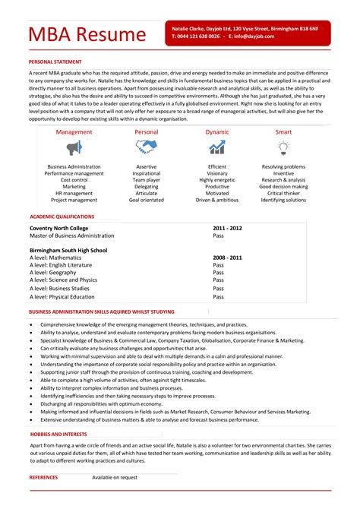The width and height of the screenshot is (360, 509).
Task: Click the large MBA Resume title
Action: tap(87, 35)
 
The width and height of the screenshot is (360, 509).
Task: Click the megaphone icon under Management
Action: tap(74, 147)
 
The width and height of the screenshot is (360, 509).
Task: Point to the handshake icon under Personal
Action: tap(147, 147)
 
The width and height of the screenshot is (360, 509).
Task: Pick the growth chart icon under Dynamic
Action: tap(216, 147)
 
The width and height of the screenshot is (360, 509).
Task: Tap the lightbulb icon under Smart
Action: tap(283, 147)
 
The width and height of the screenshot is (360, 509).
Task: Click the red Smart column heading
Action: tap(283, 131)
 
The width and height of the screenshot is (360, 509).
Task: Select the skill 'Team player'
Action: tap(147, 179)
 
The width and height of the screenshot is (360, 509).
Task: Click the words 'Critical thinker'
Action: tap(283, 193)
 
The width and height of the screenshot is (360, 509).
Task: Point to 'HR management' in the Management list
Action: tap(74, 193)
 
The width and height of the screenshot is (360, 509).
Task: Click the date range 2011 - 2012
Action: tap(227, 228)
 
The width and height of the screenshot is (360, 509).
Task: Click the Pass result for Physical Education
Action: tap(218, 298)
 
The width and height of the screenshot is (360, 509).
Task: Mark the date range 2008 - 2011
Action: tap(227, 258)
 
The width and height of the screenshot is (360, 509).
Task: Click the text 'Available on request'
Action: tap(115, 477)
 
